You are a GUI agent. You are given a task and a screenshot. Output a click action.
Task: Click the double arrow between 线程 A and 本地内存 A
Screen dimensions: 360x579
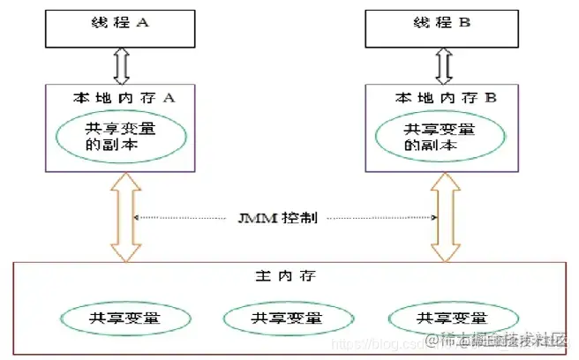pyautogui.click(x=121, y=66)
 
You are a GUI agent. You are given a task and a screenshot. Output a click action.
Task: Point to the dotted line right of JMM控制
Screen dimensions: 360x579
pyautogui.click(x=380, y=217)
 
